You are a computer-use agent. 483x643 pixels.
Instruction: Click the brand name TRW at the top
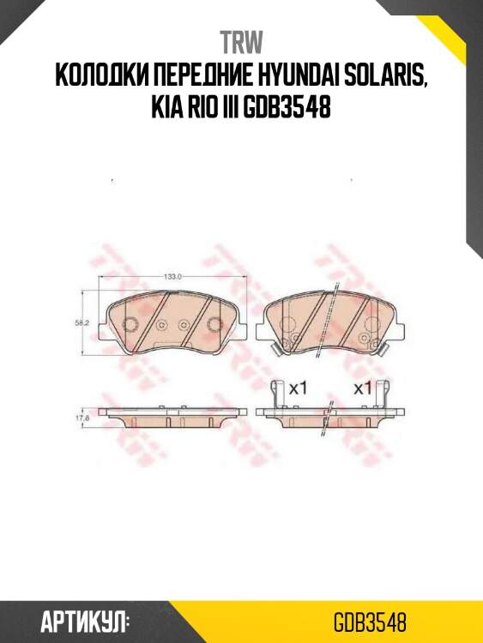click(x=241, y=42)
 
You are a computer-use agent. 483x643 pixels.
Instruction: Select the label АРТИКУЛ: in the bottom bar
click(x=85, y=620)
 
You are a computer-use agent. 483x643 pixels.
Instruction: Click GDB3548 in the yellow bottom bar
click(x=370, y=620)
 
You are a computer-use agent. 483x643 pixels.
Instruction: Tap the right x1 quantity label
click(x=363, y=388)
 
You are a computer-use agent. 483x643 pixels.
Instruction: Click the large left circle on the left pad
click(x=130, y=324)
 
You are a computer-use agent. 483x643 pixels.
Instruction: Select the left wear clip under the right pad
click(x=276, y=347)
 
